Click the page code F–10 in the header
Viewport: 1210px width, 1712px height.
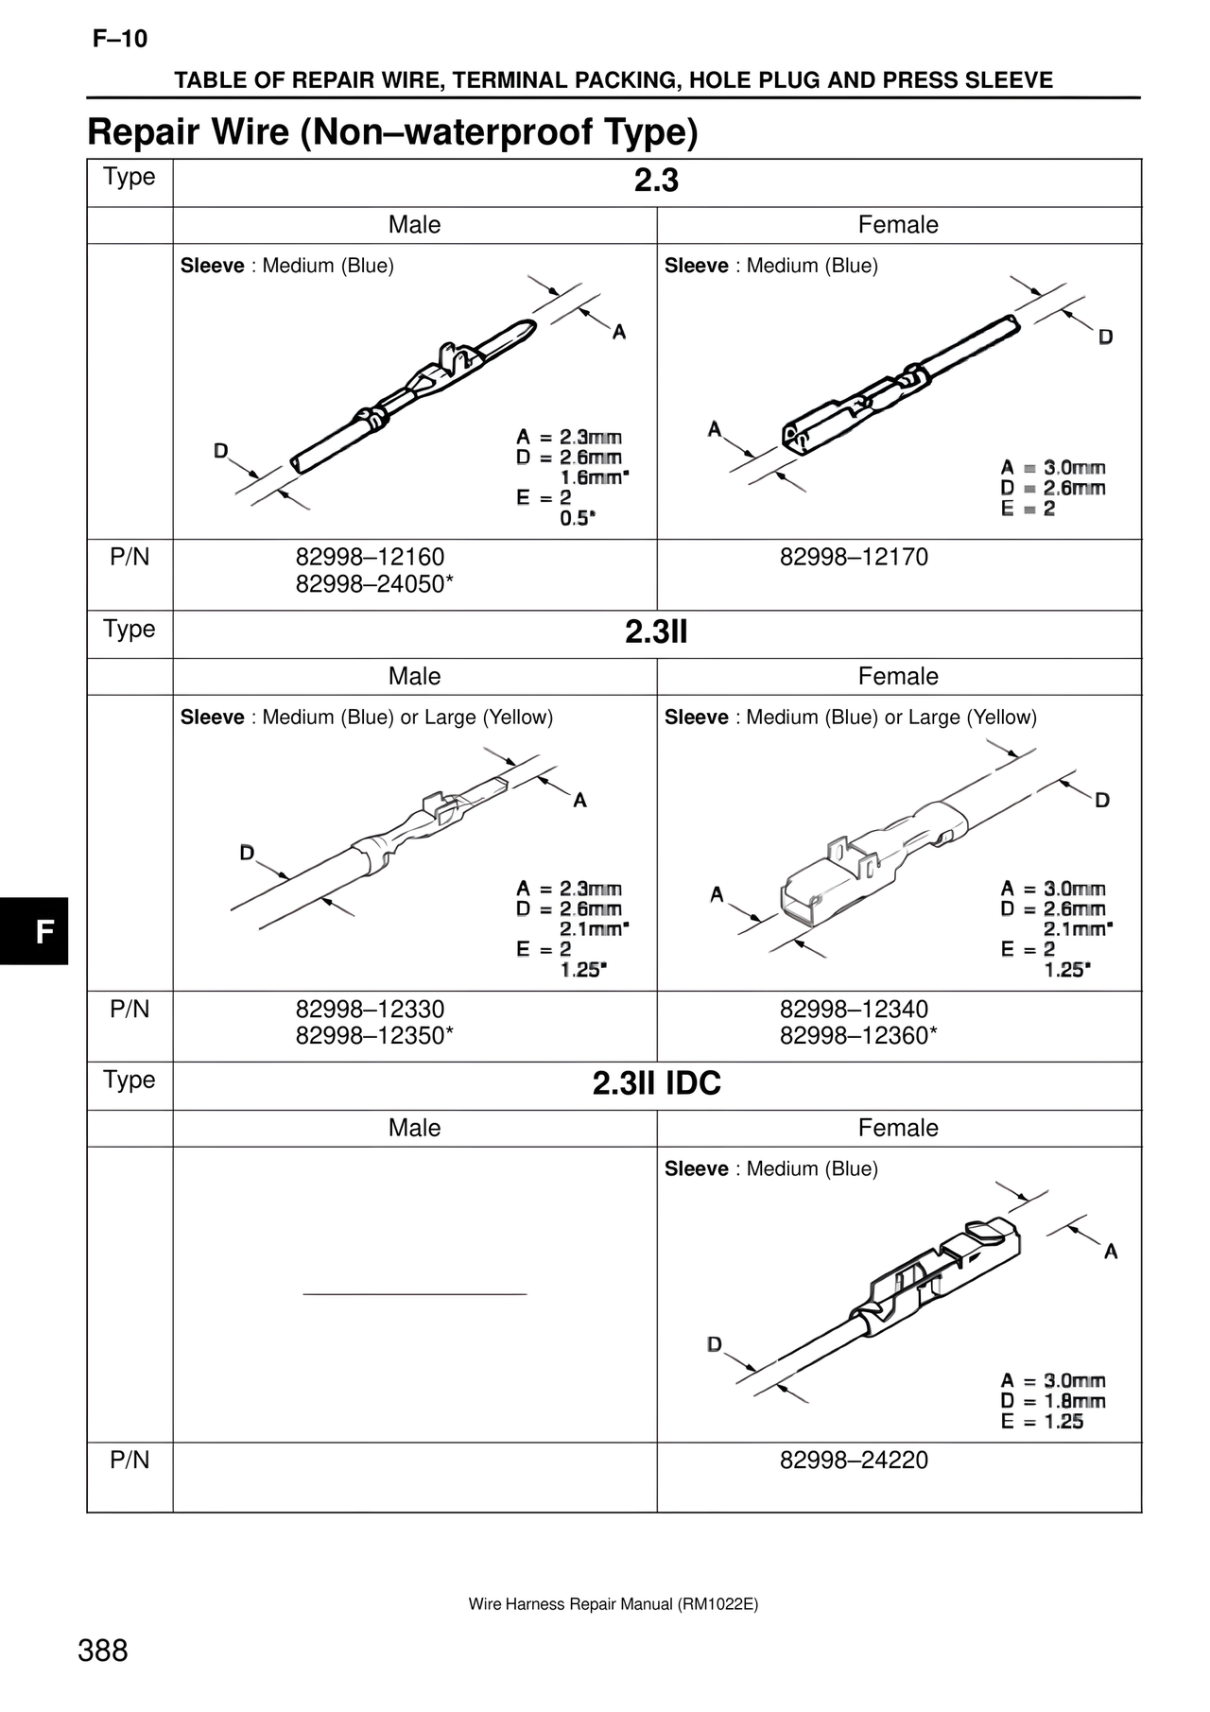click(x=120, y=40)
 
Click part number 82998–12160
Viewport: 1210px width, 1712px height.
click(x=370, y=557)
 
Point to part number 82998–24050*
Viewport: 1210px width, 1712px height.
click(x=374, y=584)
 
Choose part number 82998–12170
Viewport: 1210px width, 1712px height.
click(x=854, y=557)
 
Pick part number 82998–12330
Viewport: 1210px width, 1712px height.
click(x=370, y=1009)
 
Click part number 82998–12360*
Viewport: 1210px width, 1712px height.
click(x=858, y=1036)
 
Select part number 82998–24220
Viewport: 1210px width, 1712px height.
click(x=854, y=1461)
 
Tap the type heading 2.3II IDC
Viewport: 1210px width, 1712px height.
click(x=656, y=1083)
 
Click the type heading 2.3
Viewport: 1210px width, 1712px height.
click(x=656, y=181)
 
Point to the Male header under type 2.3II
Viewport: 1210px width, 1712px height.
click(x=414, y=676)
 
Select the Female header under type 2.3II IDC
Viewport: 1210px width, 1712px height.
click(x=898, y=1128)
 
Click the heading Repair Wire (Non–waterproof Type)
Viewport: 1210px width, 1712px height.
click(x=392, y=132)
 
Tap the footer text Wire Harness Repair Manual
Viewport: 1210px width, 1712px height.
click(x=614, y=1604)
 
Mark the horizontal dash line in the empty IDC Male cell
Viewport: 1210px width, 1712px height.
click(x=414, y=1293)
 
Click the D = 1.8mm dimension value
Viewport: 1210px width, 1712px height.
click(x=1053, y=1401)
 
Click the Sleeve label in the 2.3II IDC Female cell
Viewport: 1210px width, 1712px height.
click(x=696, y=1169)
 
